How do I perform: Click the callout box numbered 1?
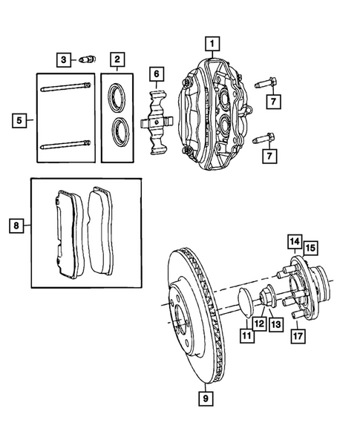212,43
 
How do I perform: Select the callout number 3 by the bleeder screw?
64,59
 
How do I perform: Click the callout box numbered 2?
117,59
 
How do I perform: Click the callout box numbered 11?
246,336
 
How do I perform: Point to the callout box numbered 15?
310,247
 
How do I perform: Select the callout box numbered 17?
298,335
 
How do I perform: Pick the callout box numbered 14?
295,241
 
